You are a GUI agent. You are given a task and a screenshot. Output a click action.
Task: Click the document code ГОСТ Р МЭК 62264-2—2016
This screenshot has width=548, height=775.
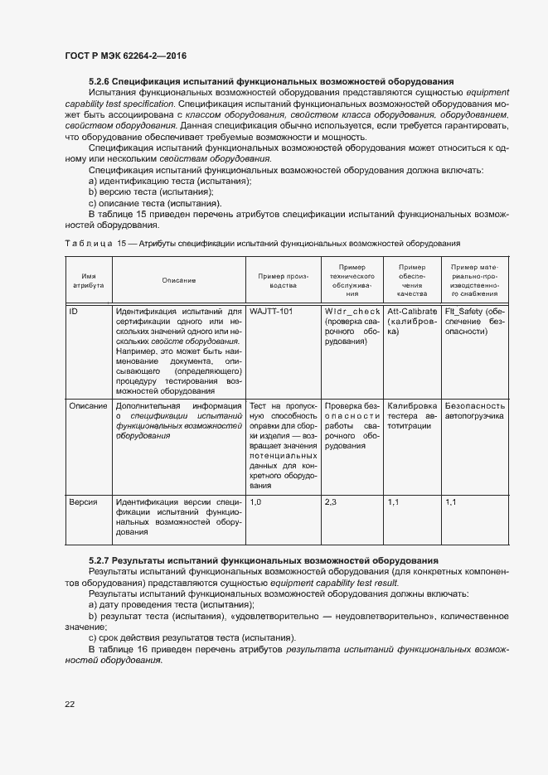[x=124, y=56]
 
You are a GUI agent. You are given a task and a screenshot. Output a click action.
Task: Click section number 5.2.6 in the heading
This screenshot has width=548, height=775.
[x=99, y=81]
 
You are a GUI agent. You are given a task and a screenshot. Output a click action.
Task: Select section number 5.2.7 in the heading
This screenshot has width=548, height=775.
[x=99, y=561]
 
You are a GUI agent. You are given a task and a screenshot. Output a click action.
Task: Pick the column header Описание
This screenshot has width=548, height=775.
[x=178, y=279]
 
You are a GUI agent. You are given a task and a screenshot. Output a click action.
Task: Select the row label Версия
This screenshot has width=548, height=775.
[x=83, y=501]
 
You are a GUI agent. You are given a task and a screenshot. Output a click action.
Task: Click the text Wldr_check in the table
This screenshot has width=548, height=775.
[x=352, y=312]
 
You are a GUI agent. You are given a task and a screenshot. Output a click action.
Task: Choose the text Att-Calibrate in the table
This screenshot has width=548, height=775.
[x=412, y=312]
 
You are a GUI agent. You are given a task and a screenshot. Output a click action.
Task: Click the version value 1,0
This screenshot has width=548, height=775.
[x=255, y=501]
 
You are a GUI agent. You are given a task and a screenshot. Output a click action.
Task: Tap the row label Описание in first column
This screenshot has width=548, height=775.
[x=88, y=405]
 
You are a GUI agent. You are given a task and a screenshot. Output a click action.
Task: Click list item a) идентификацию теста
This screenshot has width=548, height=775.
[x=170, y=181]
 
